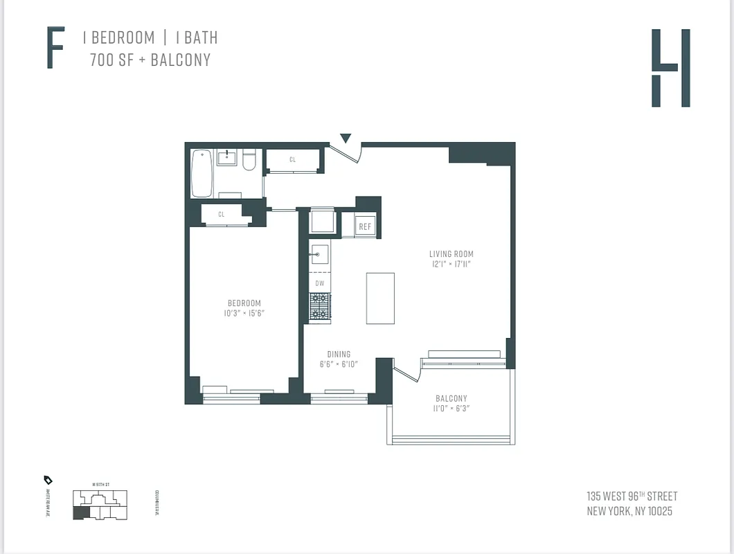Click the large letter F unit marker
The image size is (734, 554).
[x=55, y=48]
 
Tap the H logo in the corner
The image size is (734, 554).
[x=670, y=68]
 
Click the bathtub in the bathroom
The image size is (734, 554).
[x=202, y=173]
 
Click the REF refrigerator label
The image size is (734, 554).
[x=365, y=226]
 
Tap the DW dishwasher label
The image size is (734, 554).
[x=319, y=283]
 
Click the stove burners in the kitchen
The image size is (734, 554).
[x=320, y=306]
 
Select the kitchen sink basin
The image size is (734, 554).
[x=319, y=254]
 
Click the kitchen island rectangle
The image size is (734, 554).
[x=380, y=298]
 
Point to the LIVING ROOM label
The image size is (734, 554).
[x=451, y=254]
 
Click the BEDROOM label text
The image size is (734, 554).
[x=244, y=303]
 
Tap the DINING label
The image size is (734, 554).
[x=339, y=355]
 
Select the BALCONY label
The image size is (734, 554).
[x=451, y=398]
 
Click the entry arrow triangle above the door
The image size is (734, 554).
[x=346, y=138]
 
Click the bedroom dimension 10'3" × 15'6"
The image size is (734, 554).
[x=244, y=314]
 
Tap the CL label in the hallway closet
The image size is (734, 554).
[x=293, y=160]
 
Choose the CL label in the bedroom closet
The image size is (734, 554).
[x=222, y=215]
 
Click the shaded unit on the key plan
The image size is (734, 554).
[x=82, y=513]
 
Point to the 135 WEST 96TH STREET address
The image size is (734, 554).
[x=632, y=497]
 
